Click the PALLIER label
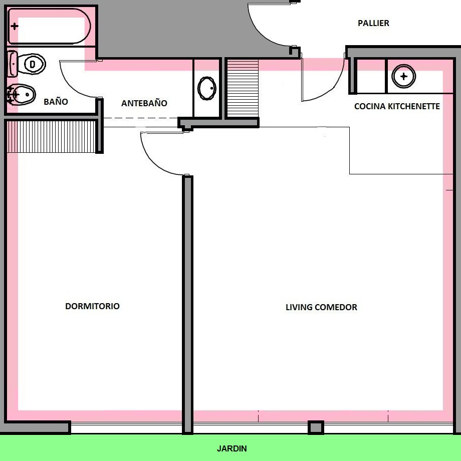(x=373, y=23)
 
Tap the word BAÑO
(x=56, y=102)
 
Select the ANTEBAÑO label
(x=144, y=103)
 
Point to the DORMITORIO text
(x=92, y=306)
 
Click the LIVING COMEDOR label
(x=321, y=307)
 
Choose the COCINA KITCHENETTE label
(x=397, y=106)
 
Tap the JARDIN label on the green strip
(x=232, y=448)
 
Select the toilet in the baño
(x=28, y=64)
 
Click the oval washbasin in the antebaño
(x=207, y=88)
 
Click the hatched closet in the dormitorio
(x=51, y=136)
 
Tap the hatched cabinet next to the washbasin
(x=242, y=88)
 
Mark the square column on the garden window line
(x=315, y=427)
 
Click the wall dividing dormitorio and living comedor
(x=187, y=301)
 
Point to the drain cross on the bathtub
(x=15, y=26)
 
